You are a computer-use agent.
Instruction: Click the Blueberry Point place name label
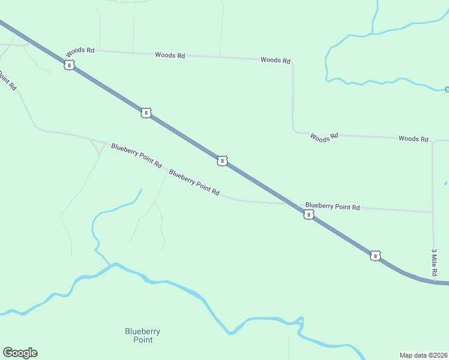point(142,335)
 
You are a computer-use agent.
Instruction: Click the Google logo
point(20,353)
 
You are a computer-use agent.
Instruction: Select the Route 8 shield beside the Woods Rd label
point(70,65)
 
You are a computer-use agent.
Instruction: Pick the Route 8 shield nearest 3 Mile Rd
point(375,256)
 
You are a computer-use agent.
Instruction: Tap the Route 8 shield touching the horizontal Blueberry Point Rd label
point(309,214)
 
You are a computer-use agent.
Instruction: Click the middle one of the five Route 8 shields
point(222,161)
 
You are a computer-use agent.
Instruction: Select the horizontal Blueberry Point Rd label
point(332,206)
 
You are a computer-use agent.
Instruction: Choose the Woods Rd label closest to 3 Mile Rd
point(413,139)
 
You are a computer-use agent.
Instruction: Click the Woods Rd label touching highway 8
point(80,50)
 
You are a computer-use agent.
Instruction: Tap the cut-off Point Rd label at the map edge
point(7,81)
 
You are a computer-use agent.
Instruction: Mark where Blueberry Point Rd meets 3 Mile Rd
point(433,212)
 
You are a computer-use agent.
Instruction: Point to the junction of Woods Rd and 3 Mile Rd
point(432,142)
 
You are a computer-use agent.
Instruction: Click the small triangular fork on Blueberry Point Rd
point(97,147)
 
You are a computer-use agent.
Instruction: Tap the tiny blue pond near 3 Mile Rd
point(445,183)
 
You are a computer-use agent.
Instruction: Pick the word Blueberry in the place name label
point(142,331)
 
